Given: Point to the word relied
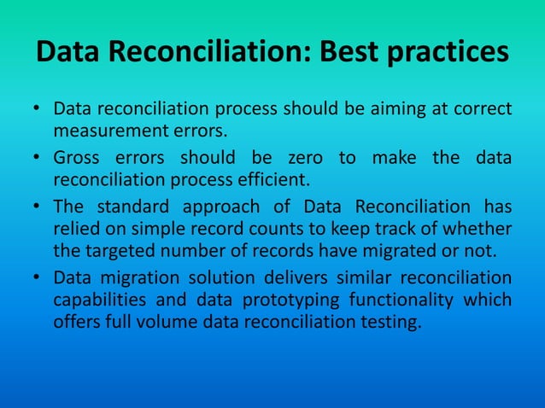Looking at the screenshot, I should click(x=75, y=229).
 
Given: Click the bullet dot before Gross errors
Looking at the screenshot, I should click(x=38, y=158).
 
